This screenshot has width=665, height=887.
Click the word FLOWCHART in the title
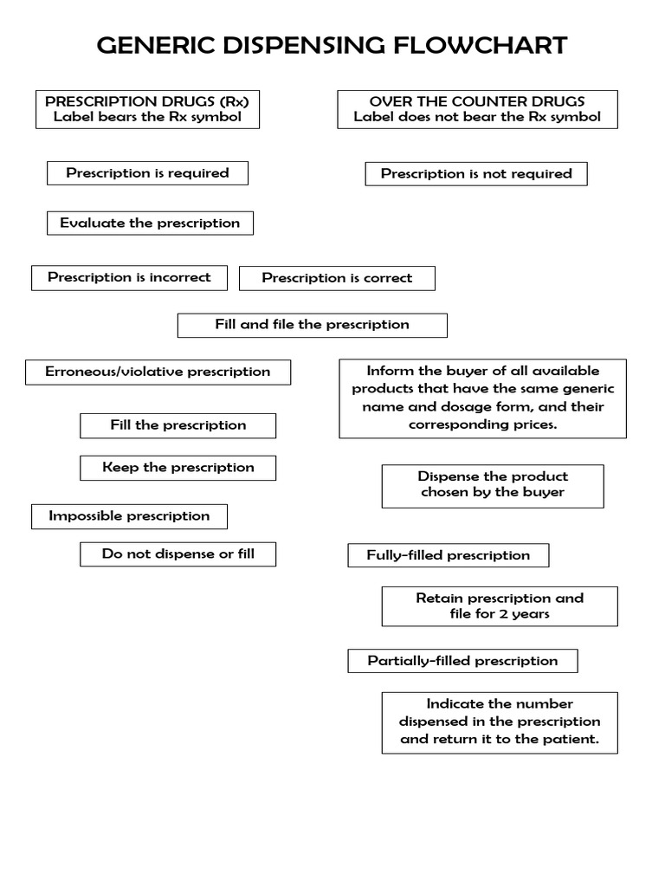click(x=481, y=45)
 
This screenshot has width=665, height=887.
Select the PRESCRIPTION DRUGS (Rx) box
click(x=147, y=109)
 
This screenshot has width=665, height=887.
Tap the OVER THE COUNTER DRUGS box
click(x=477, y=109)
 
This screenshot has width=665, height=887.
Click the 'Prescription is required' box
click(x=147, y=173)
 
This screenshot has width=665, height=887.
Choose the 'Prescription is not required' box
click(x=476, y=174)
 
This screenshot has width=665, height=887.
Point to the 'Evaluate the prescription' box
click(x=150, y=223)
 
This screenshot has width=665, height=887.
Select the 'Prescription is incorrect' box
click(x=129, y=278)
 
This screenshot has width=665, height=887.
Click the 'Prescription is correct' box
click(x=337, y=279)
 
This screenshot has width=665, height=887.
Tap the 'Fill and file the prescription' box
click(x=312, y=325)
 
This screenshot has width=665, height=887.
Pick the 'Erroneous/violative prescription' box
click(x=158, y=372)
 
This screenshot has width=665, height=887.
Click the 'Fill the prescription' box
click(x=178, y=425)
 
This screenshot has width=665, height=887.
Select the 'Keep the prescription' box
click(x=178, y=468)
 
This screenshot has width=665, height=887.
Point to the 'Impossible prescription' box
click(x=129, y=516)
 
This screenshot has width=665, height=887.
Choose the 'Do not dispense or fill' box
click(x=178, y=554)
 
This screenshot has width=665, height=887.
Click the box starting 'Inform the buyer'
click(x=482, y=398)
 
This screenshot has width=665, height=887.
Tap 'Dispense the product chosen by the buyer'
click(x=493, y=485)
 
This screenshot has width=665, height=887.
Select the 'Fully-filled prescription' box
click(x=448, y=555)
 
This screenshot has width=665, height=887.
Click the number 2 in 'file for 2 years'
click(x=503, y=614)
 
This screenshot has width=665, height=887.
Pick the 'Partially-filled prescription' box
click(x=462, y=661)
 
